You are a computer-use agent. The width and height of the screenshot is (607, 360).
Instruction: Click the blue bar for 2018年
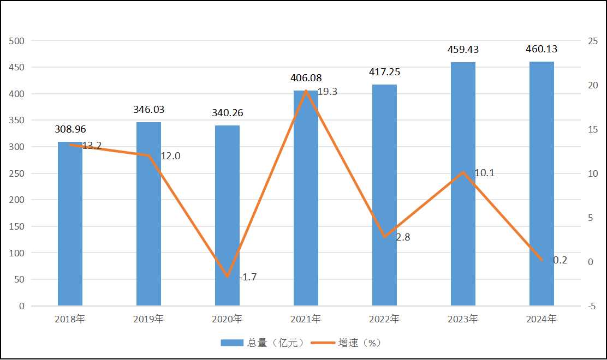[70, 224]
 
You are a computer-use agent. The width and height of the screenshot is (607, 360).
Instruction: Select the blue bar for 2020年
[227, 215]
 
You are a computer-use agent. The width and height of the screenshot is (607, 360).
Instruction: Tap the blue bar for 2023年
[463, 184]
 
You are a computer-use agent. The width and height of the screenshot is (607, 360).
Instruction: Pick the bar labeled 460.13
[541, 184]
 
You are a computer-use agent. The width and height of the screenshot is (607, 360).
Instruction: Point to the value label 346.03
[148, 110]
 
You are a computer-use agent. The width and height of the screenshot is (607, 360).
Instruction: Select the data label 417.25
[384, 72]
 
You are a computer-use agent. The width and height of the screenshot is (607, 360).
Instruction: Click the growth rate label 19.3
[328, 92]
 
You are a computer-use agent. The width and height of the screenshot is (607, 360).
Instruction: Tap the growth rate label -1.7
[248, 277]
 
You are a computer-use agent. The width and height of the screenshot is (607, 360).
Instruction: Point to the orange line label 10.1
[485, 173]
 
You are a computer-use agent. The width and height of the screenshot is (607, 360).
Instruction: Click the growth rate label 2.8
[403, 237]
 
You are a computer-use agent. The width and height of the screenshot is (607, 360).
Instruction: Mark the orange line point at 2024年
[541, 260]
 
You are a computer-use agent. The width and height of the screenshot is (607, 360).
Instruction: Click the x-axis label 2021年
[306, 319]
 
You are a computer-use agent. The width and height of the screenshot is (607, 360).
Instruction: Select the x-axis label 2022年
[384, 319]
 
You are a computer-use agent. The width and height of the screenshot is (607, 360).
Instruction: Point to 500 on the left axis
[17, 41]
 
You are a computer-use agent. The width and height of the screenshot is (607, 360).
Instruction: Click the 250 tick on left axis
[17, 173]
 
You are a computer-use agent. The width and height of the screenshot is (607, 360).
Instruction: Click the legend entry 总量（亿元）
[262, 343]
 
